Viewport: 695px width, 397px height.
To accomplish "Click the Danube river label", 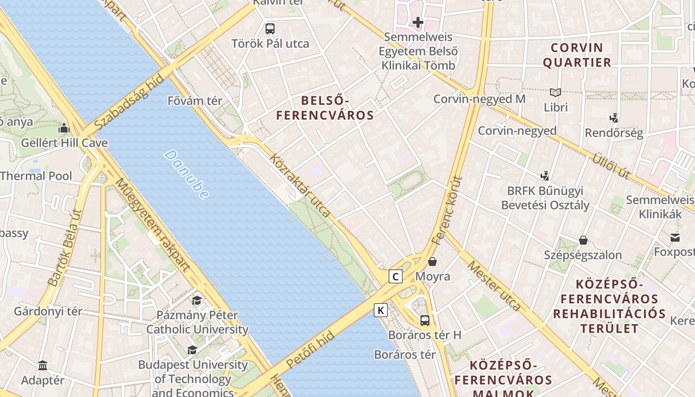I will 186,175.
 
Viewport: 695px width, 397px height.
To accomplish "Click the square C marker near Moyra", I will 395,276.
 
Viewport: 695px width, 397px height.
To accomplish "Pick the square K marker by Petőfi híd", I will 381,310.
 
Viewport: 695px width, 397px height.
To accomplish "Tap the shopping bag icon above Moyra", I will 432,261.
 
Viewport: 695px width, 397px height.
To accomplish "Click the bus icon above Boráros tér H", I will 425,320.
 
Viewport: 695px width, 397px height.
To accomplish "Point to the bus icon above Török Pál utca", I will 270,28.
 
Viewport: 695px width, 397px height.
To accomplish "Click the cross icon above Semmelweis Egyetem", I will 418,22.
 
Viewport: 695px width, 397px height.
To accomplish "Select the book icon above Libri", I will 555,92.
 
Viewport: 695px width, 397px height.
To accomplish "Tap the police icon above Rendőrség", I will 614,118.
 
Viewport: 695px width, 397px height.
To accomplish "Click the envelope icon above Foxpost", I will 675,238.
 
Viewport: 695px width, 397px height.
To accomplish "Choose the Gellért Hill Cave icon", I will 64,129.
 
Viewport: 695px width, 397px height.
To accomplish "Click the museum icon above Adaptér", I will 43,366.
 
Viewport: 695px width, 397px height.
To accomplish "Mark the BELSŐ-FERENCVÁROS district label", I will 325,108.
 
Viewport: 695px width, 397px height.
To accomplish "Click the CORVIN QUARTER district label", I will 577,55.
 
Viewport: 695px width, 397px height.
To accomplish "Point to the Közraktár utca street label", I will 300,185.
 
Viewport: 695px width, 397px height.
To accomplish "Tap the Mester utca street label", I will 494,286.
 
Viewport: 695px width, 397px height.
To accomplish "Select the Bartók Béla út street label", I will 66,247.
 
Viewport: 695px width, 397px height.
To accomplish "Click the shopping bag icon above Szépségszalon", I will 583,240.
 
